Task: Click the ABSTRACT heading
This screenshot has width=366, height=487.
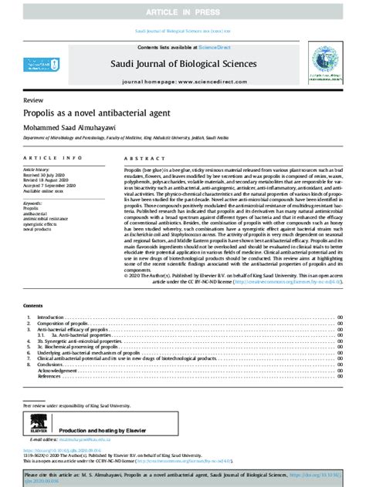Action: pos(140,156)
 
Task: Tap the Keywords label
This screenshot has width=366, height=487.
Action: pos(34,203)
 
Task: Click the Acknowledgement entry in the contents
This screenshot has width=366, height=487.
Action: pos(58,370)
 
